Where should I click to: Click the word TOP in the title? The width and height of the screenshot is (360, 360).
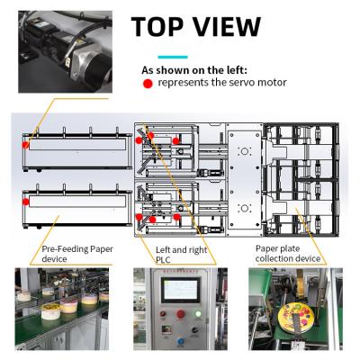click(x=165, y=26)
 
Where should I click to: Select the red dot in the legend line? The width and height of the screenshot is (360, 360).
click(x=148, y=83)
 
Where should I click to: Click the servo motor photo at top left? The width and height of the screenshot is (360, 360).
click(x=62, y=53)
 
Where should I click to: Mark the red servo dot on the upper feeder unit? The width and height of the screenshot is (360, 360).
click(x=27, y=143)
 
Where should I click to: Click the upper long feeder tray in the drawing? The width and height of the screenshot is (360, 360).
click(x=76, y=145)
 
